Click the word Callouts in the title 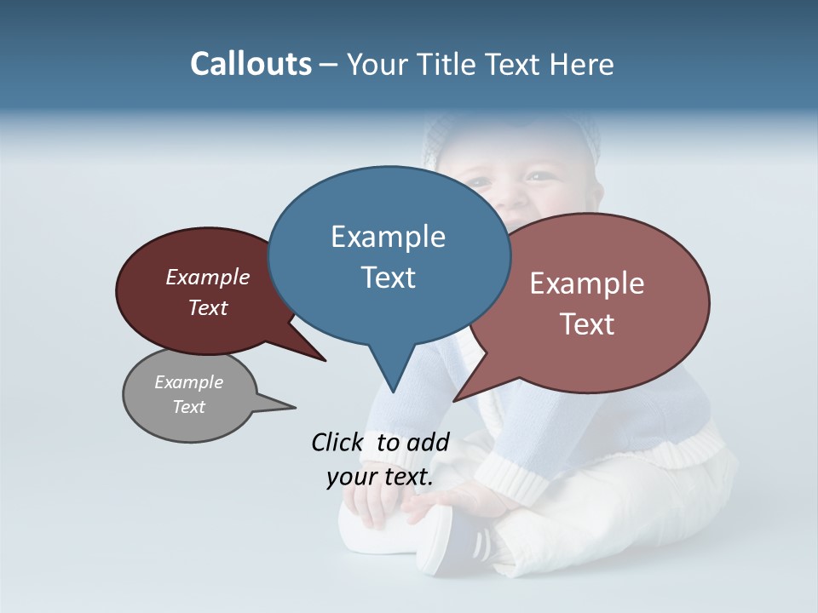pyautogui.click(x=251, y=64)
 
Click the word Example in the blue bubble pyautogui.click(x=388, y=236)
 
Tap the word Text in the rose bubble pyautogui.click(x=587, y=324)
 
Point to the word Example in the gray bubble pyautogui.click(x=188, y=382)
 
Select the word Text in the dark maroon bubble pyautogui.click(x=208, y=307)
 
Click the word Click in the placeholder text pyautogui.click(x=337, y=442)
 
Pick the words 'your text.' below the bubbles pyautogui.click(x=380, y=477)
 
